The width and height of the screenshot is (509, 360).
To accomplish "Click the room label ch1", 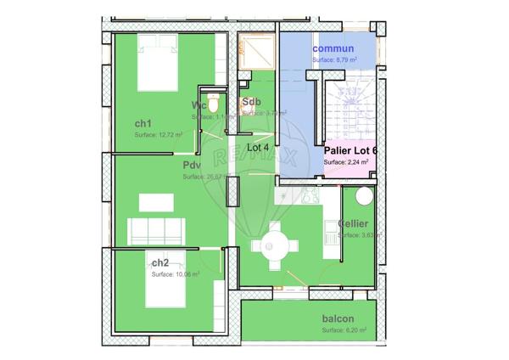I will pyautogui.click(x=143, y=123).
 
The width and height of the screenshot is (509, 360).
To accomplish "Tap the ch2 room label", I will pyautogui.click(x=160, y=262).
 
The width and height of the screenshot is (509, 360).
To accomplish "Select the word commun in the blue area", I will pyautogui.click(x=333, y=48).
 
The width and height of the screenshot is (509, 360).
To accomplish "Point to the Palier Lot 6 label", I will pyautogui.click(x=350, y=150).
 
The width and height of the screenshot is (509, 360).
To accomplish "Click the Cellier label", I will pyautogui.click(x=352, y=223).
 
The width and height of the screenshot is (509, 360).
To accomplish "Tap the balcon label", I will pyautogui.click(x=338, y=319).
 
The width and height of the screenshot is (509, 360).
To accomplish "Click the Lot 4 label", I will pyautogui.click(x=258, y=146).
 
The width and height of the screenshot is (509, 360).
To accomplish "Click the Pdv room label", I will pyautogui.click(x=192, y=166).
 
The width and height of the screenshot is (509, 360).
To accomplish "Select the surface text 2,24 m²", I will pyautogui.click(x=346, y=161).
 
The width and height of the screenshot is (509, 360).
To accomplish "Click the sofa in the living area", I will pyautogui.click(x=156, y=228).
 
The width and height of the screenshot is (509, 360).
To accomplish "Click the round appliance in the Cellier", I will pyautogui.click(x=362, y=196).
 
